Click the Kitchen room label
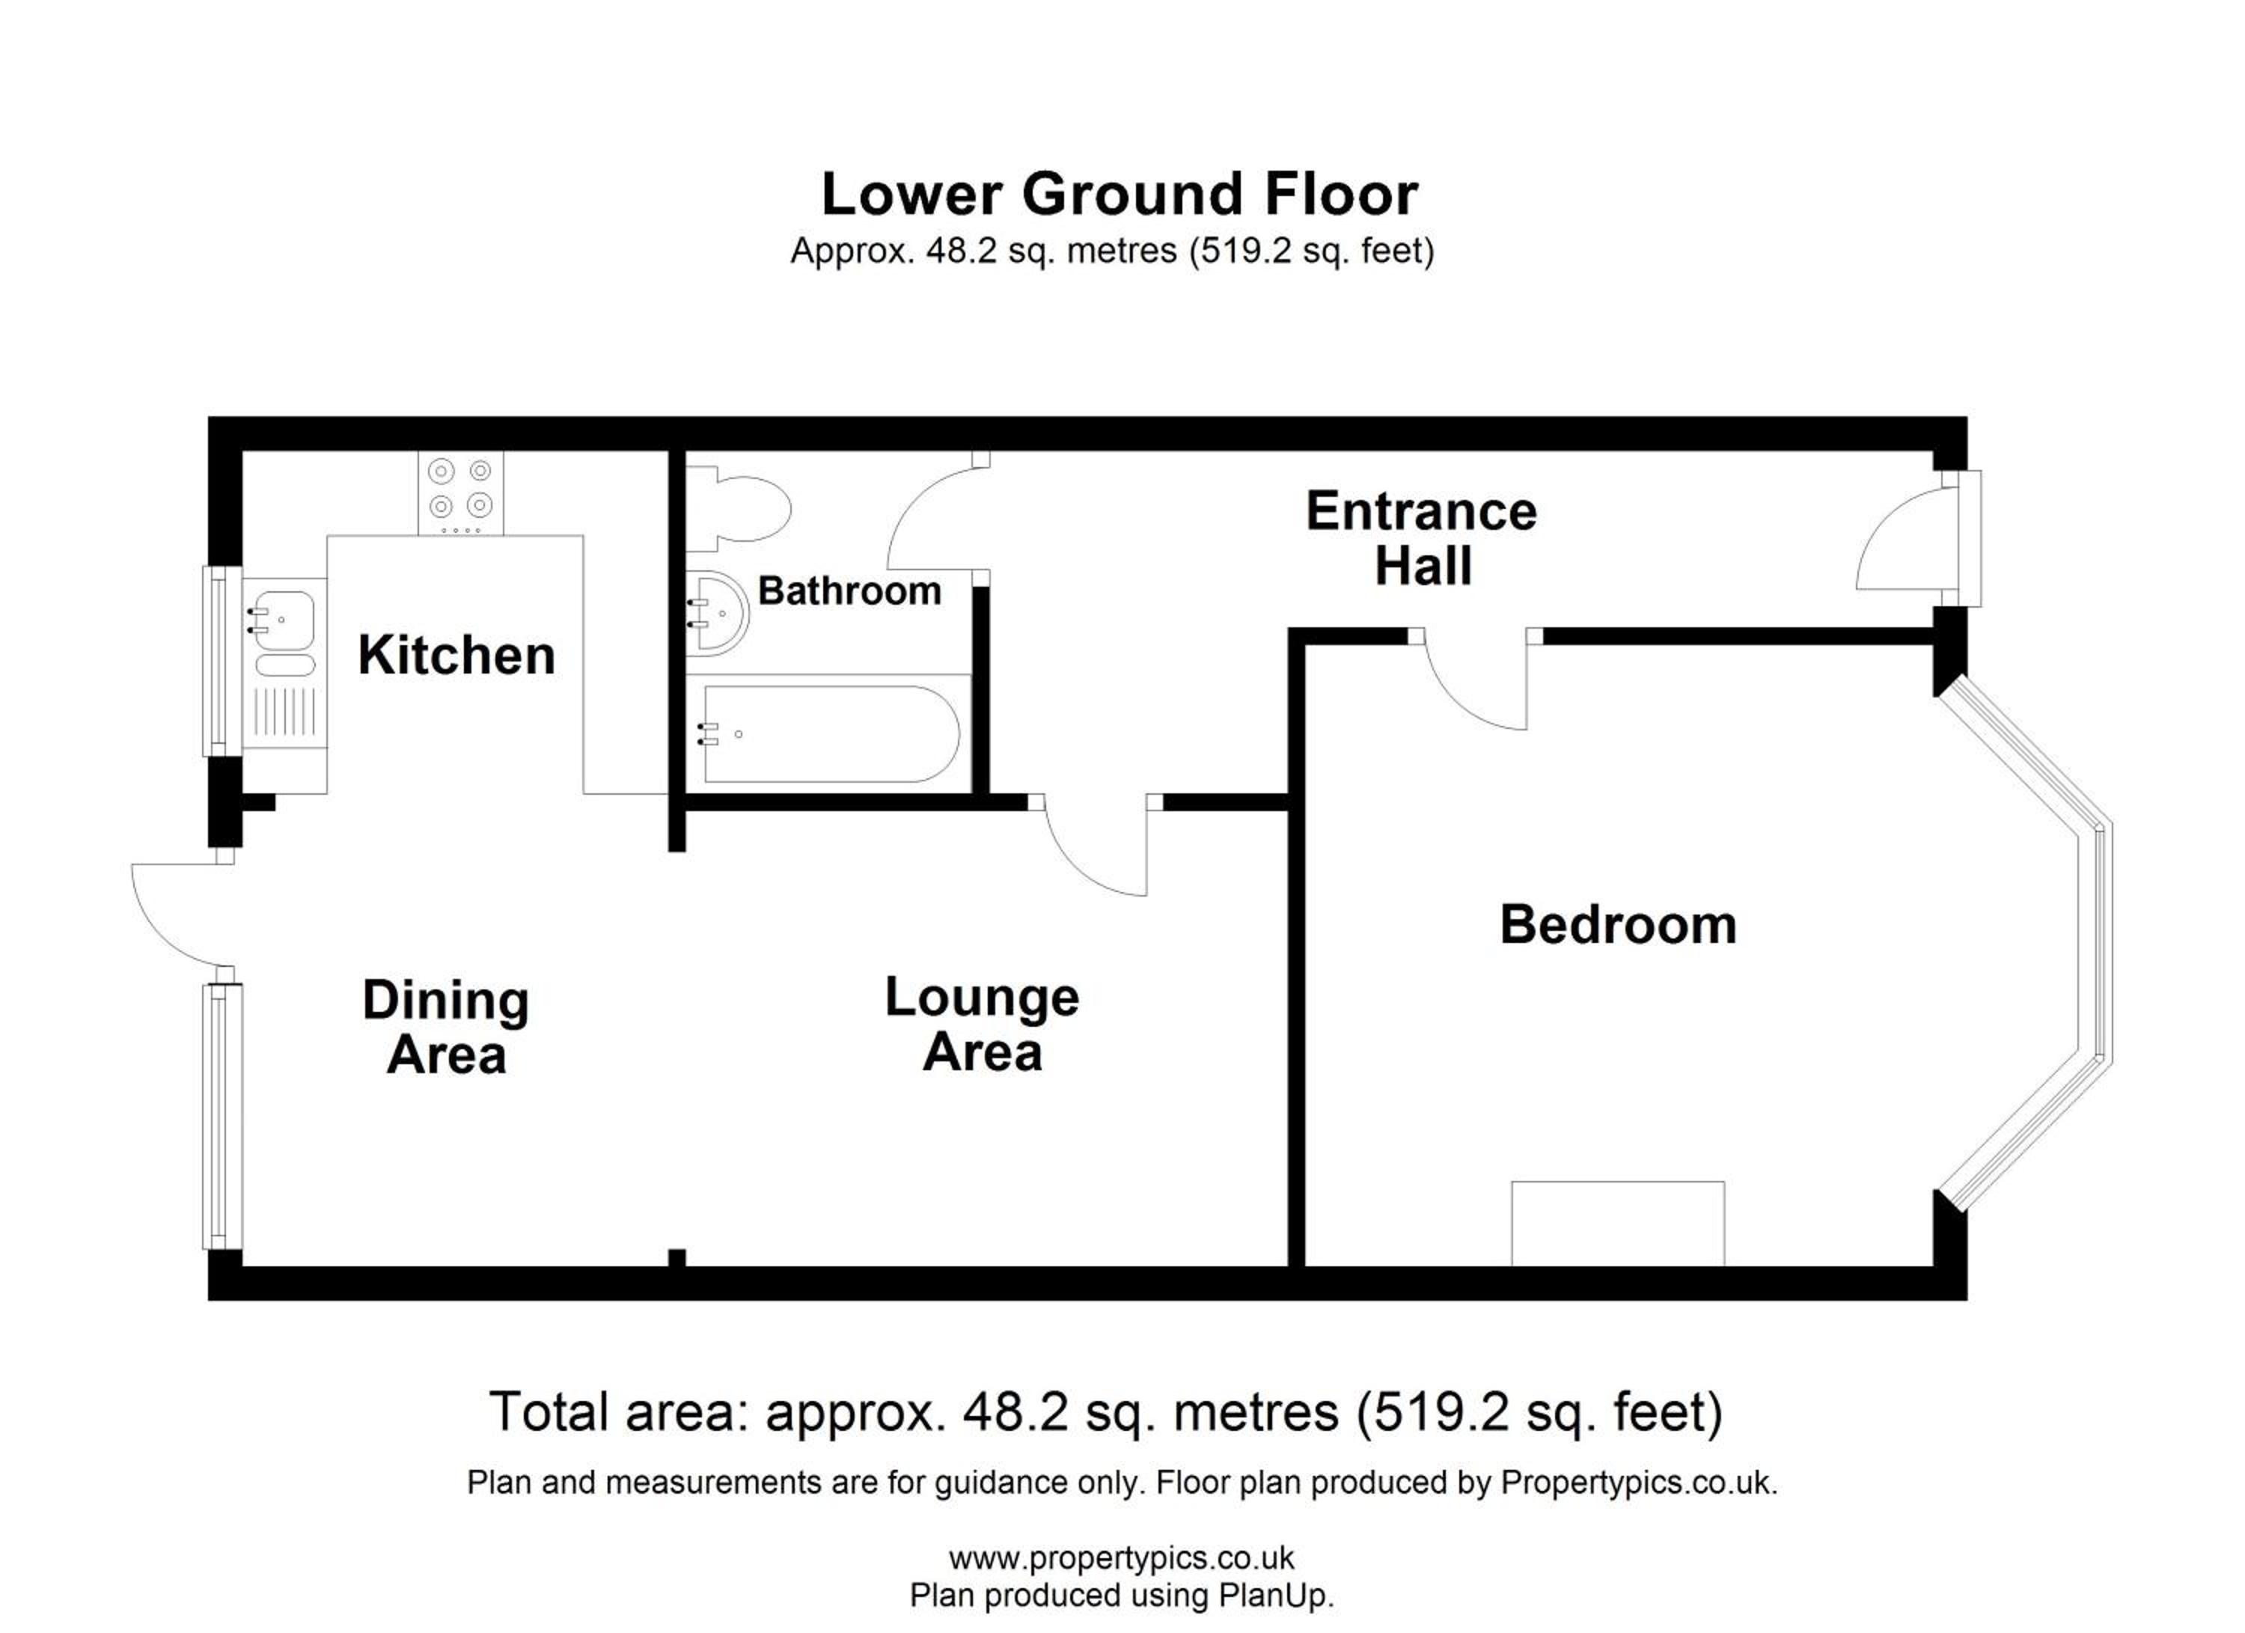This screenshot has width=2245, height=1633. coord(456,655)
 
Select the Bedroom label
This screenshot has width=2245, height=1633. coord(1619,925)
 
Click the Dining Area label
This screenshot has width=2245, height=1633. coord(447,1028)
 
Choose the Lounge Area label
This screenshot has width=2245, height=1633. coord(982,1025)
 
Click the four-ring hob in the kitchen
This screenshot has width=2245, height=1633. coord(460,493)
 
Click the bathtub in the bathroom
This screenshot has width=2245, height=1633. coord(829,733)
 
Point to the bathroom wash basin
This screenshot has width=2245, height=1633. coord(718,614)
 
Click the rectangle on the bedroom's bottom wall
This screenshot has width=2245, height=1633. coord(1617,1224)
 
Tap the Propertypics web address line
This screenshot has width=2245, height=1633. coord(1122,1559)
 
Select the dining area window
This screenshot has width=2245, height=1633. coord(224,1117)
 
